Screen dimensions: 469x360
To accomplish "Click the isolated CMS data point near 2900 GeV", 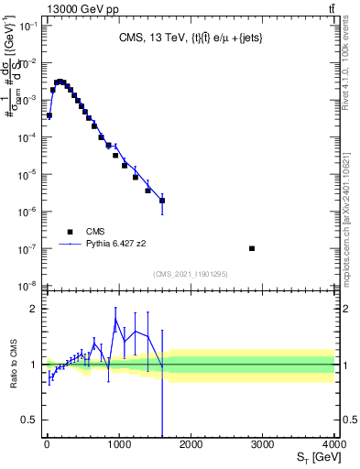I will pyautogui.click(x=252, y=248).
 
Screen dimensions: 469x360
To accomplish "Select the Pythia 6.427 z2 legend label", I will pyautogui.click(x=117, y=245).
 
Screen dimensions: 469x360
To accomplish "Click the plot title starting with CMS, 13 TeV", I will pyautogui.click(x=190, y=38).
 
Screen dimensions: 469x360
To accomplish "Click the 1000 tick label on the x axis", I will pyautogui.click(x=117, y=444).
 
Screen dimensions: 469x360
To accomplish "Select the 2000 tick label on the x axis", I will pyautogui.click(x=190, y=444).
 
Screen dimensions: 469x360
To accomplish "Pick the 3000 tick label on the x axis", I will pyautogui.click(x=262, y=444).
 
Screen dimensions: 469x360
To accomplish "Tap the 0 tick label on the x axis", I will pyautogui.click(x=46, y=444).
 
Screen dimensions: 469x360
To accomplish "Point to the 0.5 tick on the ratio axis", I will pyautogui.click(x=29, y=420).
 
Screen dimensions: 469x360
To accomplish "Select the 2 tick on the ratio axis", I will pyautogui.click(x=34, y=309).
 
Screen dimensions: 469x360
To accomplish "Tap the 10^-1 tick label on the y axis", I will pyautogui.click(x=27, y=26).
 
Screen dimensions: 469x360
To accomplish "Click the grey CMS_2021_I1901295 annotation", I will pyautogui.click(x=190, y=274).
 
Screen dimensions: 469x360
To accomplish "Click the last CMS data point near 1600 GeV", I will pyautogui.click(x=162, y=200).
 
